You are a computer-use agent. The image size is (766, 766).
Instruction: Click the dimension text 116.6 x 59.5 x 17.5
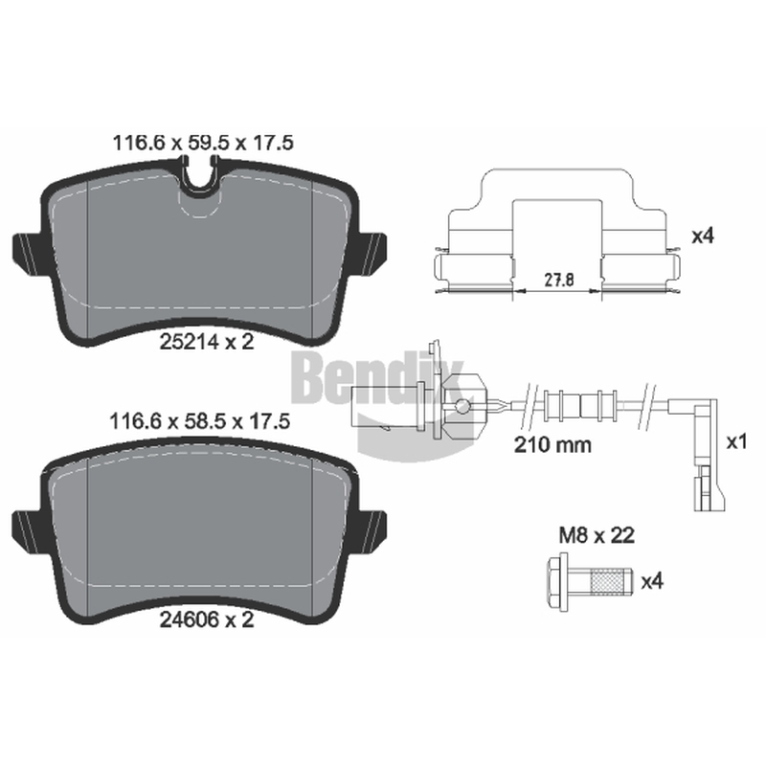[203, 143]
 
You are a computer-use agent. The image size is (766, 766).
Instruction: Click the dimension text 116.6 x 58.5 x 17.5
[200, 421]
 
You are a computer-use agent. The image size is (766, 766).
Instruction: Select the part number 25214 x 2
[207, 342]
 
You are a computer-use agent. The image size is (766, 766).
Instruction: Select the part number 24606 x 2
[207, 620]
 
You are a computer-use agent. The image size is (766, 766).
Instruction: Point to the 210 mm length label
[552, 444]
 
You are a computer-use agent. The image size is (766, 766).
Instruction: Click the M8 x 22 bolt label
[597, 535]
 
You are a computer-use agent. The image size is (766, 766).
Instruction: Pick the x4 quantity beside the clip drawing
[703, 236]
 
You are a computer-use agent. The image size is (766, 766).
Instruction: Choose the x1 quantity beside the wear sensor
[736, 442]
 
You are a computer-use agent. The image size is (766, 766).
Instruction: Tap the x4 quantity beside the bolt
[652, 581]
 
